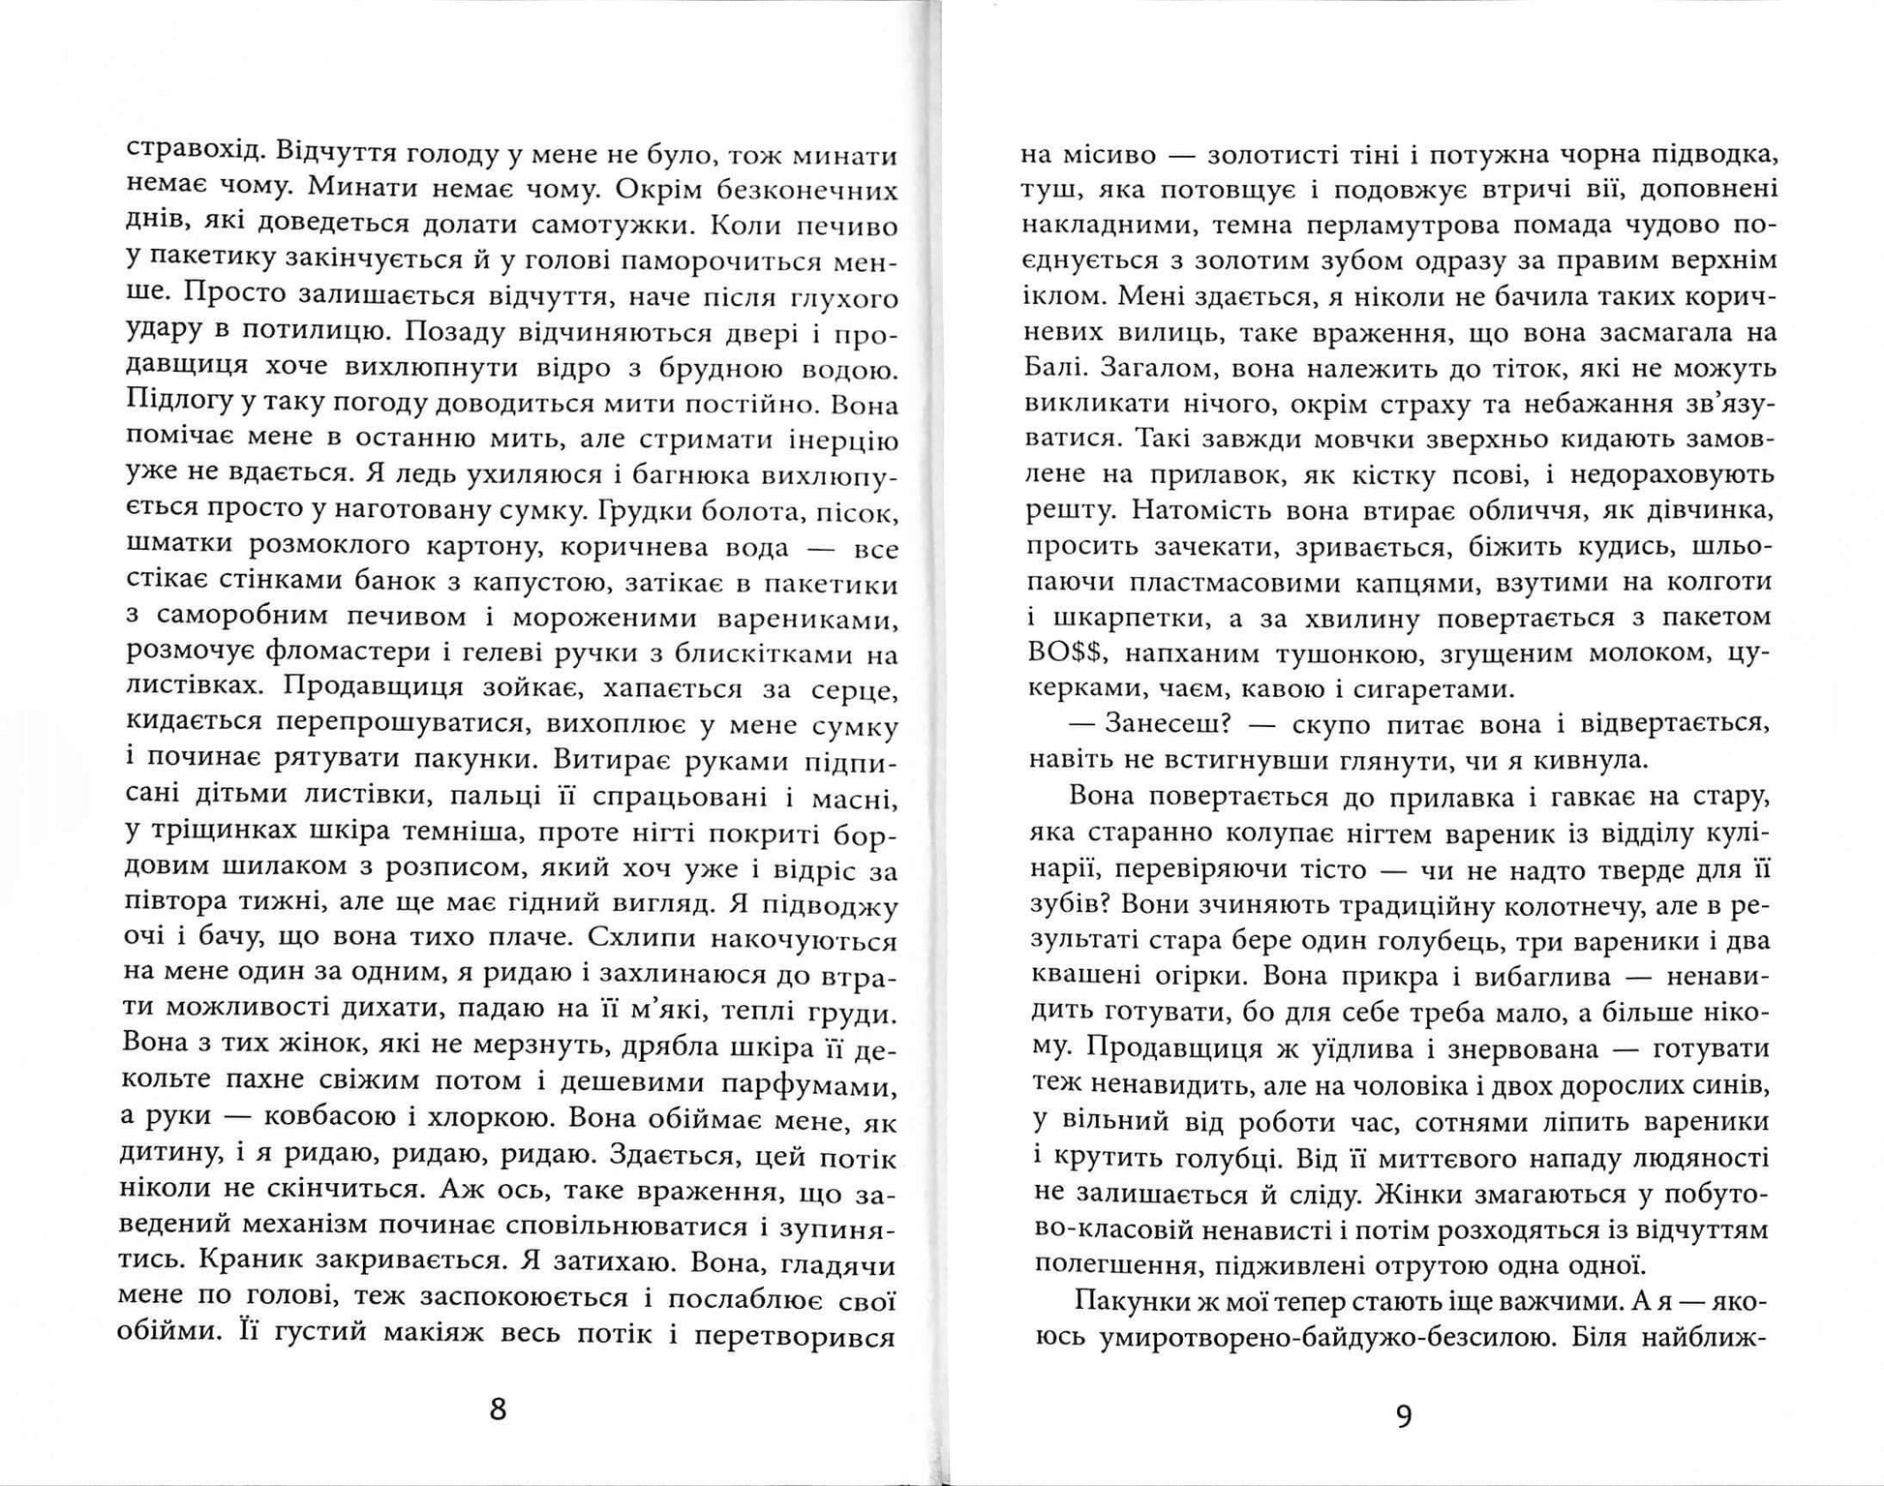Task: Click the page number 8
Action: [x=498, y=1409]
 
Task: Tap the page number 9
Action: [x=1404, y=1416]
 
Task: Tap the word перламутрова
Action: [x=1413, y=225]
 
